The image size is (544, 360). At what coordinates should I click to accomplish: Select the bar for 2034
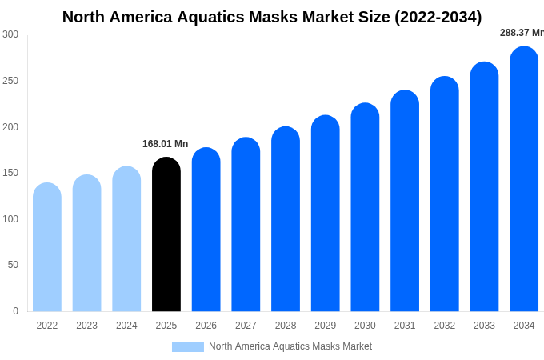click(524, 179)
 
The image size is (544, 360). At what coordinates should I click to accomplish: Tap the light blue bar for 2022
click(47, 247)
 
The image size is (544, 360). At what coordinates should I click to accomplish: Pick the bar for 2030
click(365, 207)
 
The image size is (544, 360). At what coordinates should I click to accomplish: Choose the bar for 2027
click(246, 225)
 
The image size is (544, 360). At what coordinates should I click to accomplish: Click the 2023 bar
click(86, 243)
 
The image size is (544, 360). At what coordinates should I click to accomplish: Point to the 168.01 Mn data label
click(165, 144)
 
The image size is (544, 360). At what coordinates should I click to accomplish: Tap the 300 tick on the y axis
click(10, 34)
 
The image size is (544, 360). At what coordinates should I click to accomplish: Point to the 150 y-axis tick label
click(10, 173)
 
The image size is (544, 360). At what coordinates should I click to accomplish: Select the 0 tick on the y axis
click(15, 311)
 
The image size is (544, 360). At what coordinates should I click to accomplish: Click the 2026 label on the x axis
click(206, 326)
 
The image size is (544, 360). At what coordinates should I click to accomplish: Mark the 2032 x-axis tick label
click(445, 326)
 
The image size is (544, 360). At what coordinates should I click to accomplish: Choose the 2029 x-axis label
click(326, 326)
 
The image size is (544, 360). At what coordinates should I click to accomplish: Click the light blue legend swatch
click(187, 347)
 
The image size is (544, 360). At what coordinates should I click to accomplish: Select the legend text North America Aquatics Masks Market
click(290, 346)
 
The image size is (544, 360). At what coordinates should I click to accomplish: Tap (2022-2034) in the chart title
click(438, 17)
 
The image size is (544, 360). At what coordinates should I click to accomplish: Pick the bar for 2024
click(126, 239)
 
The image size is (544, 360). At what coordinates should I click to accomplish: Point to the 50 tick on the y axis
click(13, 265)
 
